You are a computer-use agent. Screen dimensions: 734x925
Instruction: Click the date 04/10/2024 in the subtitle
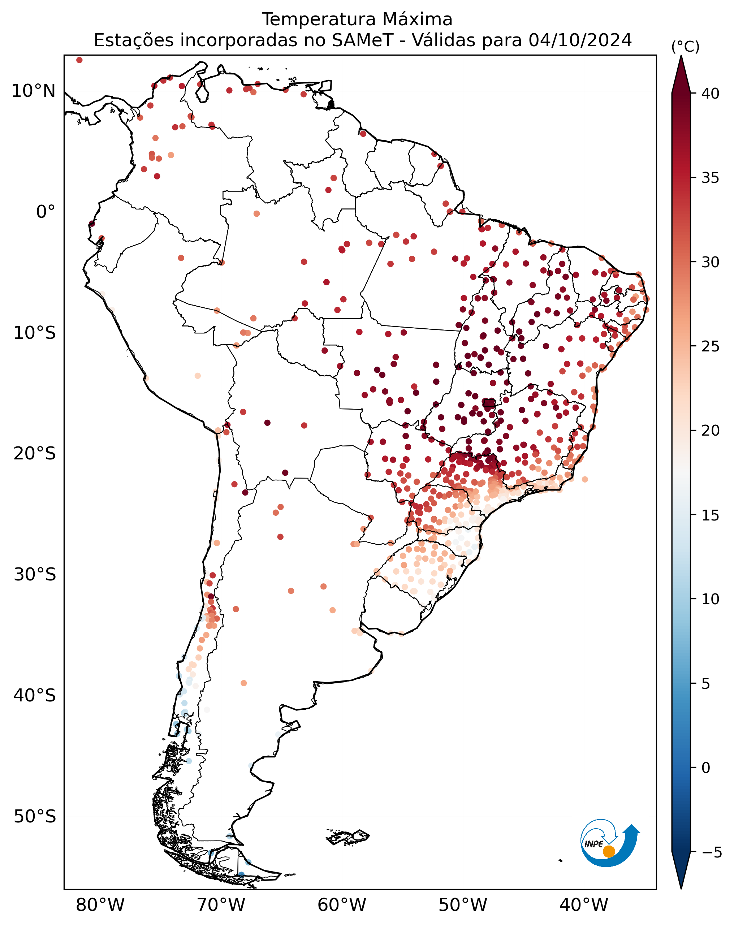(x=580, y=40)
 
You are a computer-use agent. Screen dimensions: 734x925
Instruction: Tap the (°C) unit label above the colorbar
(x=685, y=47)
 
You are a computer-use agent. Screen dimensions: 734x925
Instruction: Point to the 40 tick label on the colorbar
(x=711, y=94)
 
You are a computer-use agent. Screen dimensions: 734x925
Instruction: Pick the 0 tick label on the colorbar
(x=706, y=768)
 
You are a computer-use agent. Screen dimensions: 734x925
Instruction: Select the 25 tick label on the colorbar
(x=711, y=346)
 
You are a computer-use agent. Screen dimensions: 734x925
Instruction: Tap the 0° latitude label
(x=46, y=212)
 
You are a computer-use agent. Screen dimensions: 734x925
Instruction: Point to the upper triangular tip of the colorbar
(x=681, y=56)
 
